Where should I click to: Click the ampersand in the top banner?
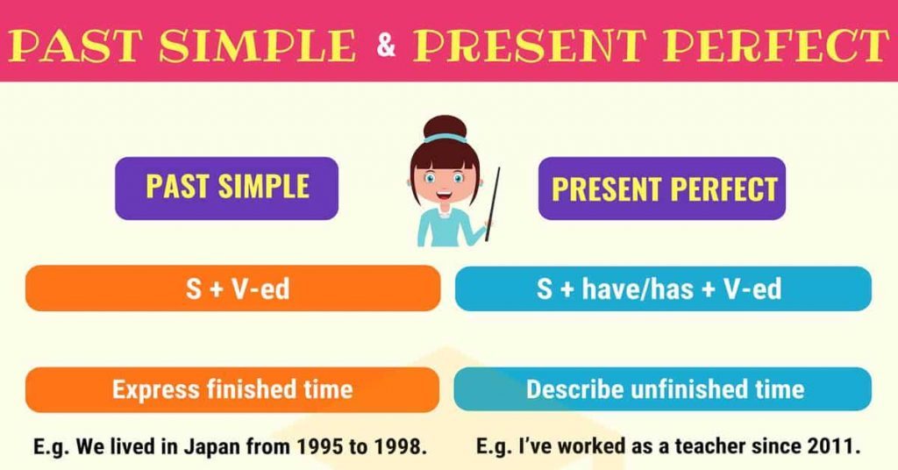pyautogui.click(x=386, y=44)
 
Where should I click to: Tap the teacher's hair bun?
pyautogui.click(x=445, y=127)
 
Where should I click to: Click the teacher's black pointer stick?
pyautogui.click(x=493, y=203)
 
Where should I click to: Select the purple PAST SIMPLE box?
pyautogui.click(x=227, y=188)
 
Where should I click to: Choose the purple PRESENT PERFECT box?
pyautogui.click(x=662, y=189)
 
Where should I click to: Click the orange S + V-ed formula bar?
pyautogui.click(x=232, y=288)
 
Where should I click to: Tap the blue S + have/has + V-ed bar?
pyautogui.click(x=663, y=288)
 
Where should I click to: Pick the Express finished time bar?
pyautogui.click(x=232, y=390)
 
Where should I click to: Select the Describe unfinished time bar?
pyautogui.click(x=663, y=389)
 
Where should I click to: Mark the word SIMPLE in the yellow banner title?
pyautogui.click(x=257, y=45)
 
